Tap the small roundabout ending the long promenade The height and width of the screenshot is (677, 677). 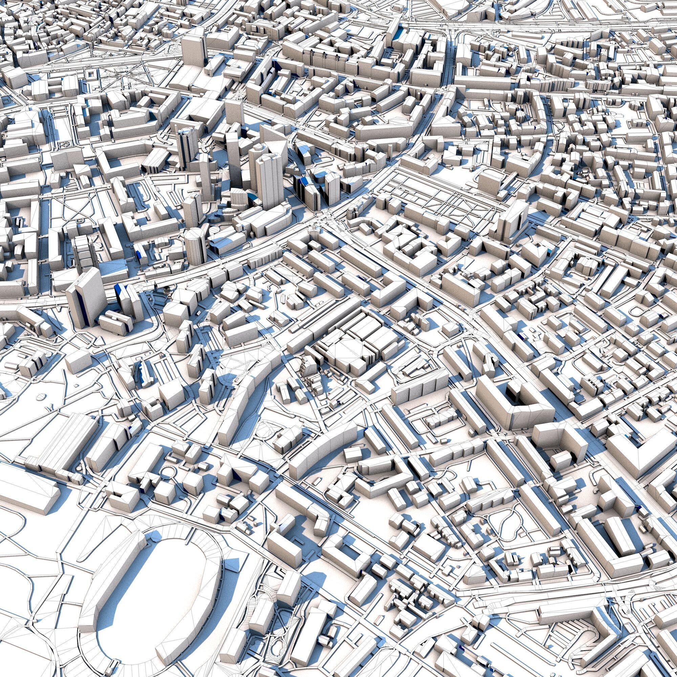(x=67, y=143)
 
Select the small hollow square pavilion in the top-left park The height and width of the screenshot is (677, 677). (x=90, y=73)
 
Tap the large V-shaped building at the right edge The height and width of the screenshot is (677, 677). (x=641, y=452)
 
